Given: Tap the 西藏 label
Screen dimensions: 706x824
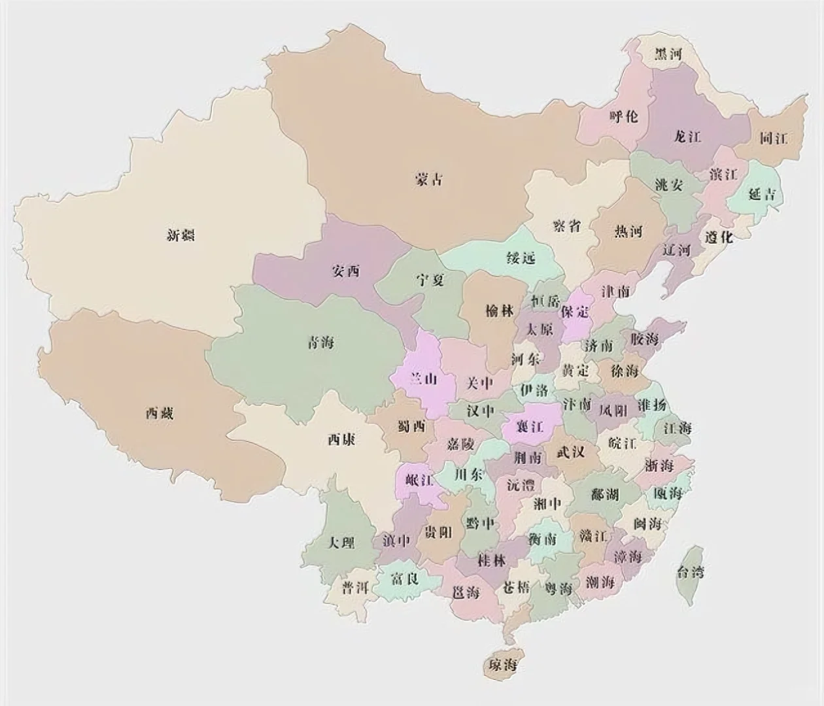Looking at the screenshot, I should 160,413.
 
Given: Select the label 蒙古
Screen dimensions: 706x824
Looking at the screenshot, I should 429,178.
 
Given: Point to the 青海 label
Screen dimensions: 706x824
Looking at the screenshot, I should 320,342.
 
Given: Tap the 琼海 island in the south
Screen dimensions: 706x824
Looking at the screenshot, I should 501,665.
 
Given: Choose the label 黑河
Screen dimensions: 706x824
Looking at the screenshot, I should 668,54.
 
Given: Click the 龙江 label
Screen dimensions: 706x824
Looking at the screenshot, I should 687,137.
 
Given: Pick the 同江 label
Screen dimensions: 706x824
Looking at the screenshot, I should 774,139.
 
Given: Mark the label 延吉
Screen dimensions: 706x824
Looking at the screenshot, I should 762,194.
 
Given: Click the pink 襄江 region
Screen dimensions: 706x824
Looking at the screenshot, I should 530,427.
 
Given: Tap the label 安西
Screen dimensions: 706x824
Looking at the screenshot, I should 346,271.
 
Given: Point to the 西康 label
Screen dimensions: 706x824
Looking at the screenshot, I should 341,440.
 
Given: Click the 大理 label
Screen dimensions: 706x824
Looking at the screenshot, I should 341,543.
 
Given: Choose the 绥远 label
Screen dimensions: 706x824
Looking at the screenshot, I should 521,258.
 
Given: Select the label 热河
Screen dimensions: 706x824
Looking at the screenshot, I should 628,231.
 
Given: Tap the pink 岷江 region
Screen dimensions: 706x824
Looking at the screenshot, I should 419,481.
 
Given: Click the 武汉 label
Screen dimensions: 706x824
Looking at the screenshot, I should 570,452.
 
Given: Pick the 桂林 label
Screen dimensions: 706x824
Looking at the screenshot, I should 492,561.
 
